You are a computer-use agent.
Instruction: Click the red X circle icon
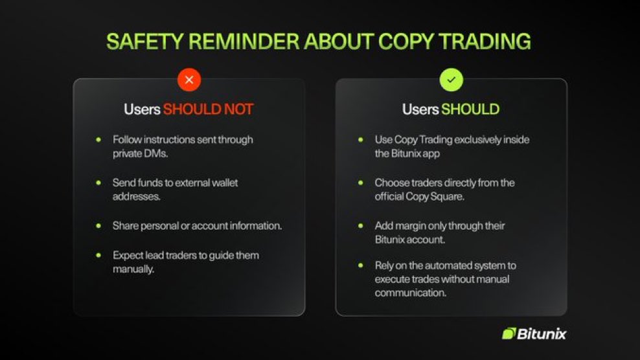189,80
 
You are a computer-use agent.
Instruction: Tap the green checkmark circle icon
451,80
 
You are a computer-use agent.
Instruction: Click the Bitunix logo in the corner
534,333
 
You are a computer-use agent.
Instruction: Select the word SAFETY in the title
140,41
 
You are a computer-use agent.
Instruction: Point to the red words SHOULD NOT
208,109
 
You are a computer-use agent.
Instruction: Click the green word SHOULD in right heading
470,109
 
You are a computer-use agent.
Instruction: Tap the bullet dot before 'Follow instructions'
98,139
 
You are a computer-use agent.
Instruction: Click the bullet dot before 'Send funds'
98,183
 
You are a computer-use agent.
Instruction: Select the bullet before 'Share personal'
98,226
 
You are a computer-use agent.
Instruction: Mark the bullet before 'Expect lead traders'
98,255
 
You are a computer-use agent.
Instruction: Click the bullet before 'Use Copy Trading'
361,139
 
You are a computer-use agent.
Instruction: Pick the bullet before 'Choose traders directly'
361,183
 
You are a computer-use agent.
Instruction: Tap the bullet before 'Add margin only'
361,226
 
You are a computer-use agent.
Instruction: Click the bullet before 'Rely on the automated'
361,265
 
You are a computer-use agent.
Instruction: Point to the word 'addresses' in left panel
134,197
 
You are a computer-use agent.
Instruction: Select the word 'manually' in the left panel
133,269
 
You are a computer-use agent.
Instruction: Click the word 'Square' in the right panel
448,197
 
